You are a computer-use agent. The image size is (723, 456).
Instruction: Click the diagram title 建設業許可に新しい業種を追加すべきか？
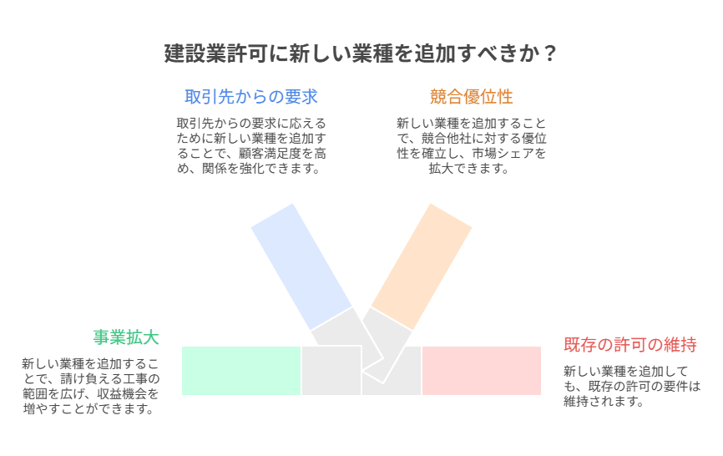pos(361,53)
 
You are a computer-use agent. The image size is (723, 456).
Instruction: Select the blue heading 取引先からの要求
pos(251,97)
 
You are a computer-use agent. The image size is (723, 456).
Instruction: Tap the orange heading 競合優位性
pos(471,97)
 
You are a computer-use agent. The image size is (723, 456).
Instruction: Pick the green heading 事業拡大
pos(126,337)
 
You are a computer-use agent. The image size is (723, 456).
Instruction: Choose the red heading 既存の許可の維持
pos(629,344)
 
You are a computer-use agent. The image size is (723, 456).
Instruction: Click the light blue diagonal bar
pos(301,266)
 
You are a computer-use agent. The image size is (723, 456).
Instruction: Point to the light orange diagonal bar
pos(422,266)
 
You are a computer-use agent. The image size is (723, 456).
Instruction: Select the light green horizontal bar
pos(241,371)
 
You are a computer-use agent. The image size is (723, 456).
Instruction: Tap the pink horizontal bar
pos(482,371)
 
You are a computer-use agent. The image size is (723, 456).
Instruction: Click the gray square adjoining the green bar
pos(331,371)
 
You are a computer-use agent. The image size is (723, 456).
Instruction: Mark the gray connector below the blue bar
pos(346,339)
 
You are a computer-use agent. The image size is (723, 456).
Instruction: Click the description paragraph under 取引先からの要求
pos(251,145)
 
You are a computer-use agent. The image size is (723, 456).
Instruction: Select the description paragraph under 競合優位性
pos(471,145)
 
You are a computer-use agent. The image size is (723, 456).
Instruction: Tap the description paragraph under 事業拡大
pos(91,387)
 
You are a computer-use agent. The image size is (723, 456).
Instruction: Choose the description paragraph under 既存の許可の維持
pos(632,387)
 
